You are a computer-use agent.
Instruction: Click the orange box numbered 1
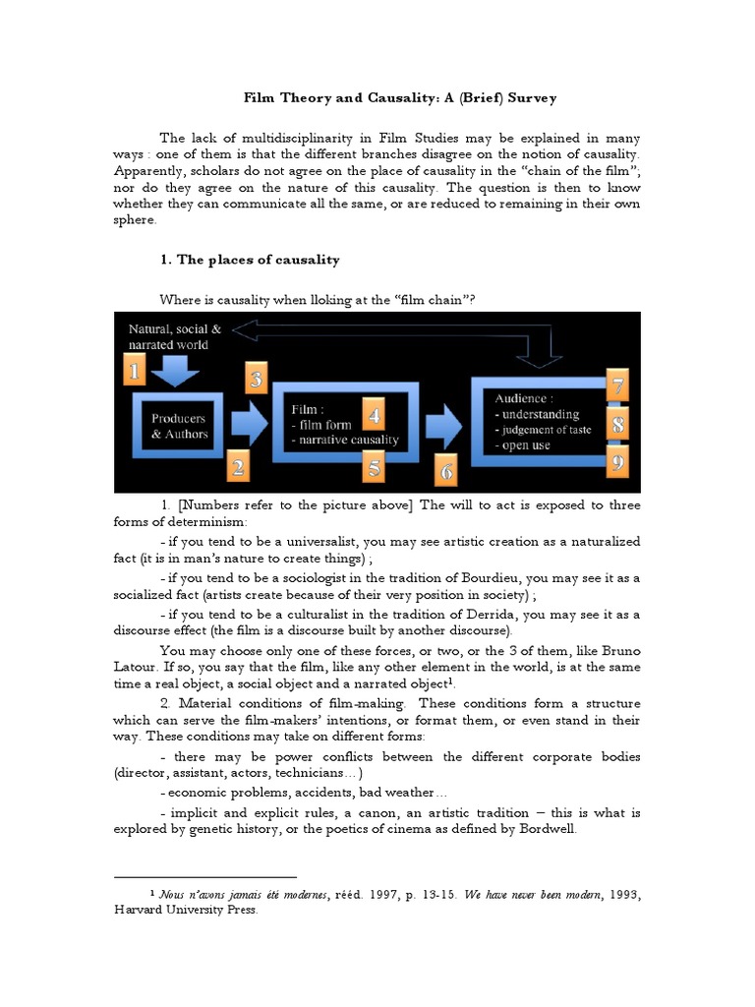(x=136, y=370)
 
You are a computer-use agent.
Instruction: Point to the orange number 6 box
(x=448, y=471)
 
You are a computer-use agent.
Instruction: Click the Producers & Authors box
(x=180, y=426)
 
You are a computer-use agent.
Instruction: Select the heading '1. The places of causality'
(x=249, y=260)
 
